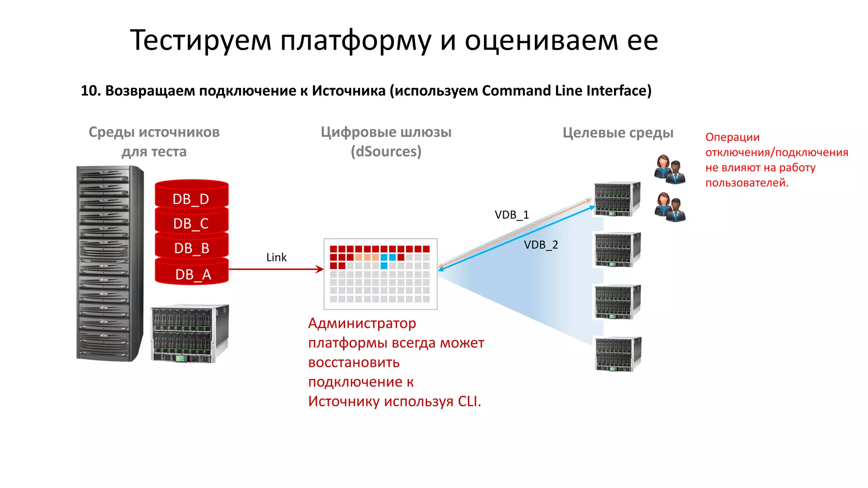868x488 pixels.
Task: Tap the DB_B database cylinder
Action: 191,247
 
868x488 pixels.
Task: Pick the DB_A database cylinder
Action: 192,273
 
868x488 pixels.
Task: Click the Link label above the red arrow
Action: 276,257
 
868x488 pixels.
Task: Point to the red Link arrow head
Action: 320,269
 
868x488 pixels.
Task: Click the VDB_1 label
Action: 512,215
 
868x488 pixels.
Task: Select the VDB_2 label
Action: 541,245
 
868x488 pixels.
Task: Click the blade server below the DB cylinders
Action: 189,333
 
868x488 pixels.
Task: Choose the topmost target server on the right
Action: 617,199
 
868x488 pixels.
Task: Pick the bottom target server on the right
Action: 618,354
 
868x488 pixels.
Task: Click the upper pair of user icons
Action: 670,169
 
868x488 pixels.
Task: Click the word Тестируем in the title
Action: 200,40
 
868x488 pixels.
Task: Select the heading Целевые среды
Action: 618,133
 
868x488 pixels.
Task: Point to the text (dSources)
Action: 386,151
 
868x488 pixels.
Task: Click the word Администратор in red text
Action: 362,323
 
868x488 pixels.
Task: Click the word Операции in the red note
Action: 732,137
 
